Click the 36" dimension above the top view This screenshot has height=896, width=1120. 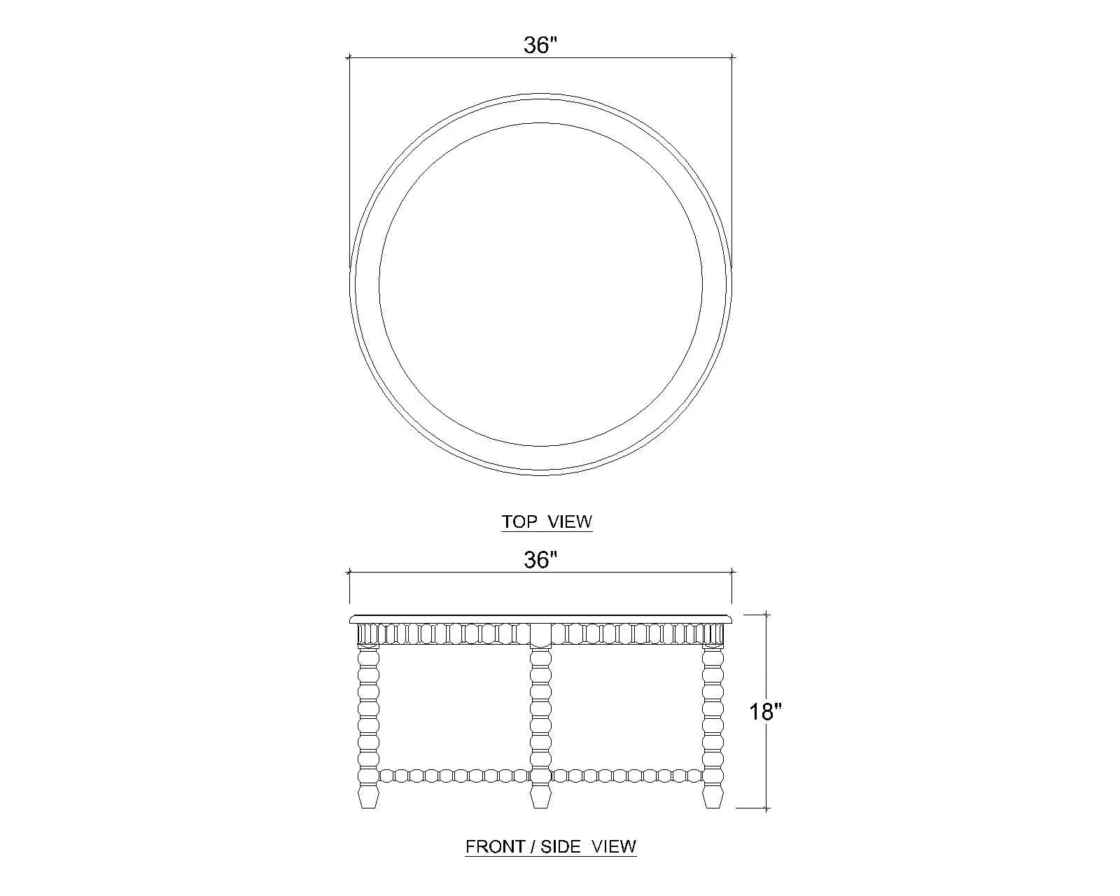pos(540,45)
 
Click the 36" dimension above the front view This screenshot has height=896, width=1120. pos(540,560)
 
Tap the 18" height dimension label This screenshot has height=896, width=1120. pos(765,712)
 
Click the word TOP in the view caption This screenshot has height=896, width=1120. pos(519,521)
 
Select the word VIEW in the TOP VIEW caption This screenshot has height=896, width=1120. pos(570,521)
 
